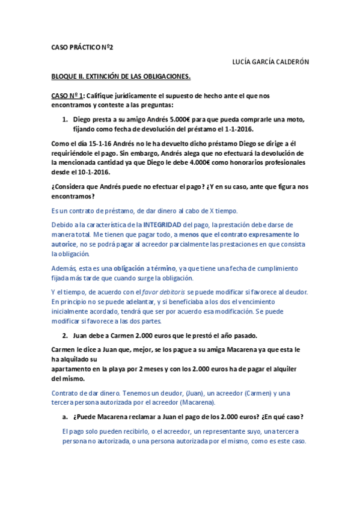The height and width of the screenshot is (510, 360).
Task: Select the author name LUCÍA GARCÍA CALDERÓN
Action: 270,62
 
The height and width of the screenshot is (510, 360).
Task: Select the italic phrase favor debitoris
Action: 159,292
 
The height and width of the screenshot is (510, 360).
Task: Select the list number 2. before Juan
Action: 66,334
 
